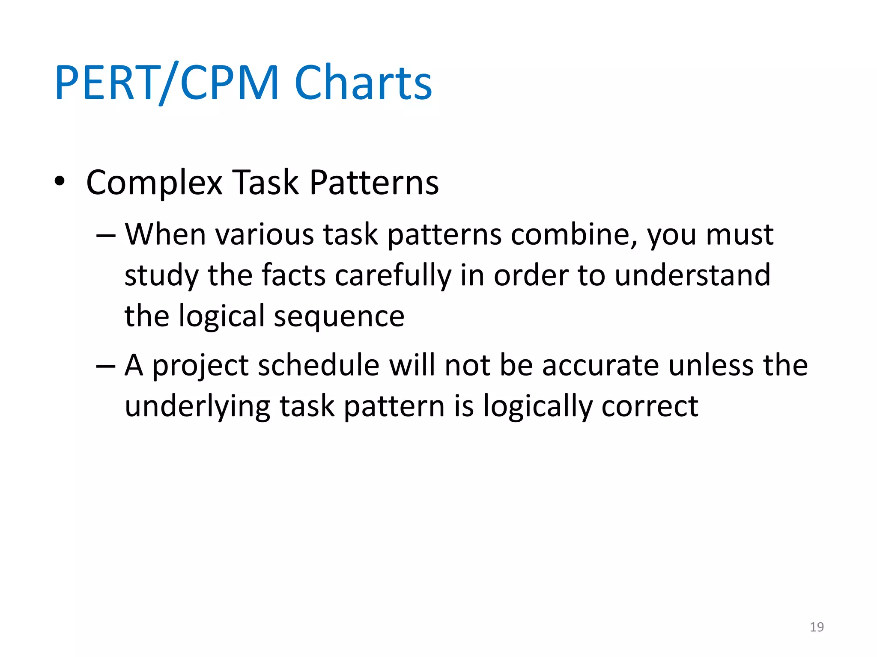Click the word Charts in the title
pyautogui.click(x=363, y=83)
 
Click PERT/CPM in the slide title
pyautogui.click(x=167, y=83)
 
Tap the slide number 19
pyautogui.click(x=817, y=627)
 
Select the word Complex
pyautogui.click(x=154, y=183)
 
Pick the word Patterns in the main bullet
pyautogui.click(x=374, y=182)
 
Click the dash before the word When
pyautogui.click(x=106, y=236)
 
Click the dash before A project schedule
pyautogui.click(x=106, y=366)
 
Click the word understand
pyautogui.click(x=692, y=275)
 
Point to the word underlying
pyautogui.click(x=197, y=407)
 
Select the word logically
pyautogui.click(x=538, y=407)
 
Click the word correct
pyautogui.click(x=650, y=407)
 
